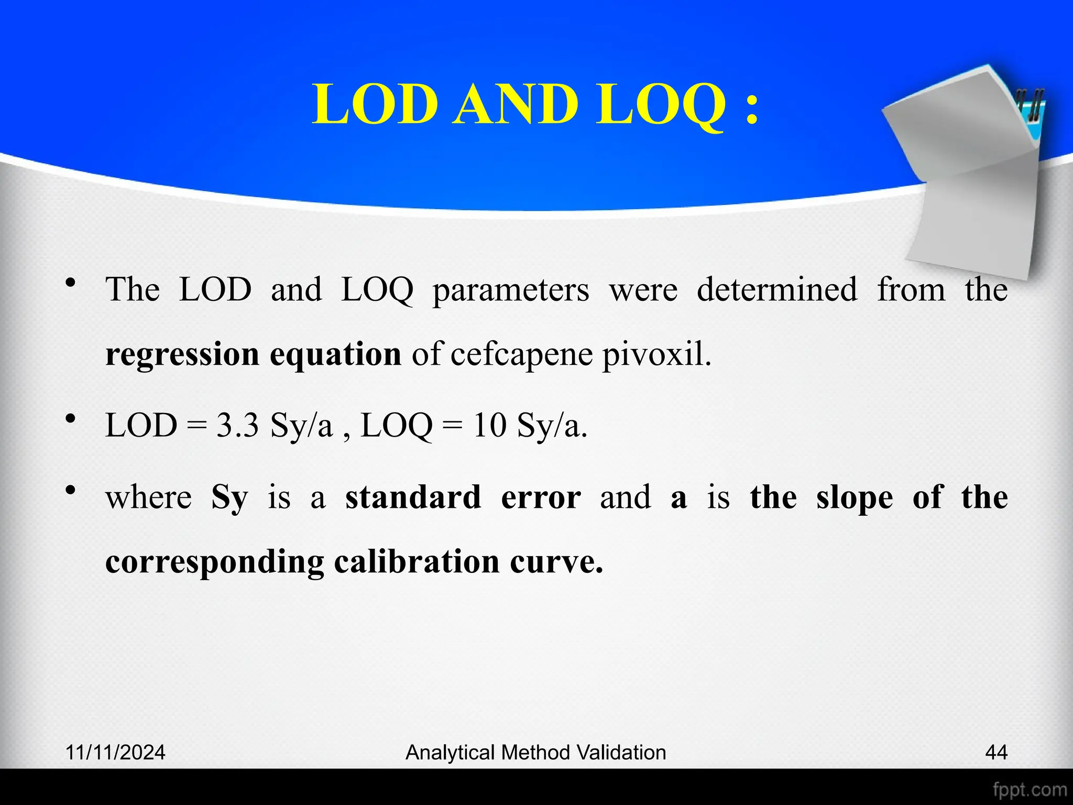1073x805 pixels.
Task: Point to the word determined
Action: pos(776,289)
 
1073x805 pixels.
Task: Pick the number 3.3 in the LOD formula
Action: pos(237,425)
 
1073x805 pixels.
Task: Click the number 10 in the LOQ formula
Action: pos(489,425)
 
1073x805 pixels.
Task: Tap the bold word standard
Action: pos(413,497)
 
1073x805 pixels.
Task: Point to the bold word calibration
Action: pos(417,562)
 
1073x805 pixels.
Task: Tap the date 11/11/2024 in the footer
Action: pos(115,753)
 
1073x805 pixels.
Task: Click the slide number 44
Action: pos(996,753)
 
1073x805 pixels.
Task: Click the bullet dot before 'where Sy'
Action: pos(71,490)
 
